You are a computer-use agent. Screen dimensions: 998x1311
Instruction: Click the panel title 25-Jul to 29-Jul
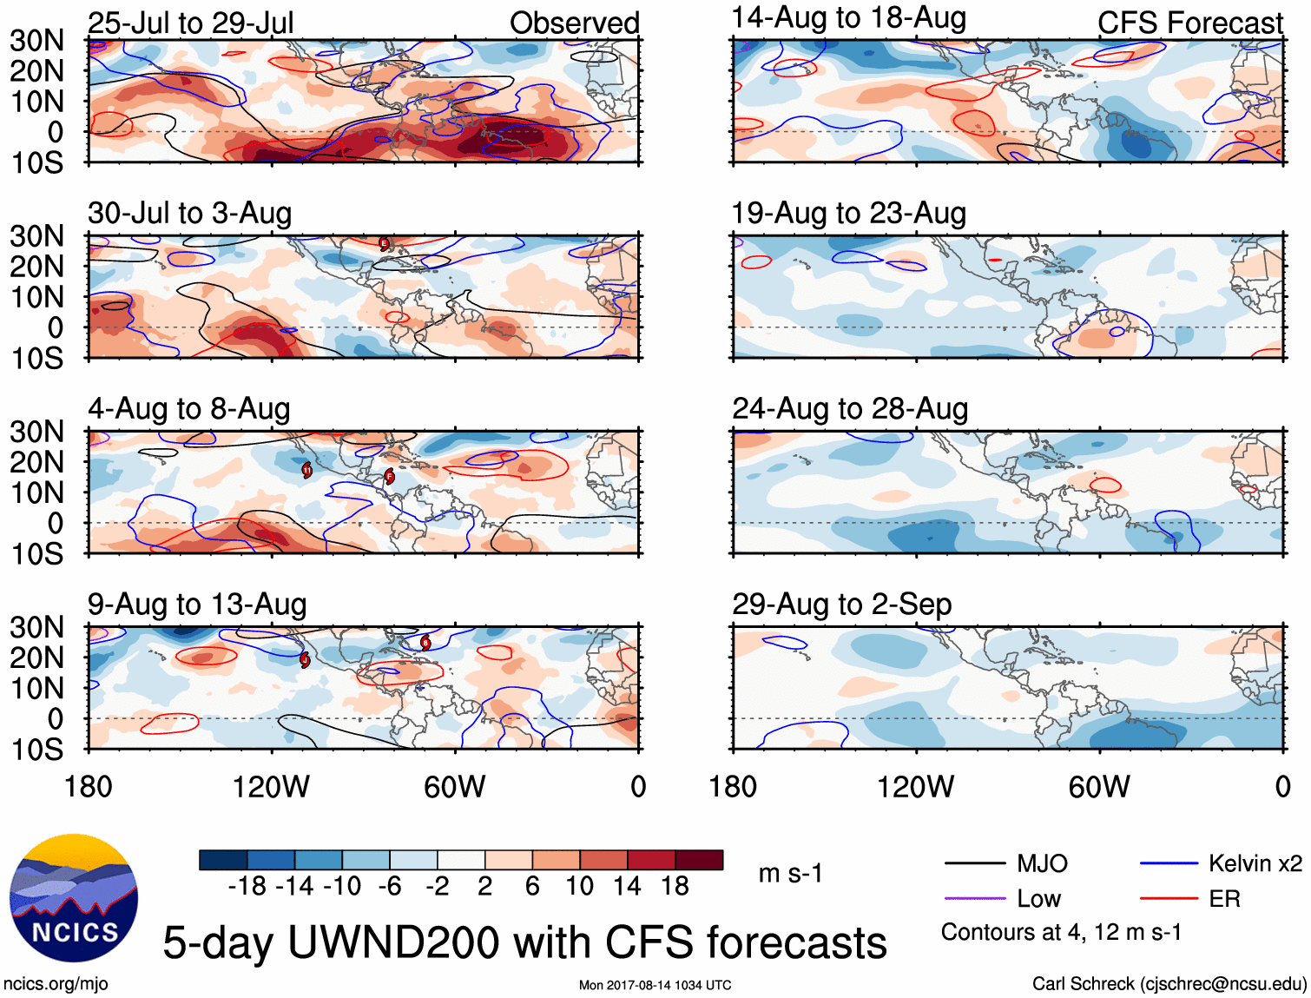tap(190, 23)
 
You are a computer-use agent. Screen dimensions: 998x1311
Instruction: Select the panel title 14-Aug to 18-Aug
tap(848, 18)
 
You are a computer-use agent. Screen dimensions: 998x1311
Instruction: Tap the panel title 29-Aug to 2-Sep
tap(841, 605)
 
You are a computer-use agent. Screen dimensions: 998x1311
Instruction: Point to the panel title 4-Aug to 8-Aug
tap(188, 409)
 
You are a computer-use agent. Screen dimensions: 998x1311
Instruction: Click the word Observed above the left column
tap(574, 23)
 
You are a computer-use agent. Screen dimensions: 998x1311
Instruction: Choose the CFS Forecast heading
tap(1189, 23)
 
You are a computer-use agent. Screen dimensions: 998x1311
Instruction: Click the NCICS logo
tap(73, 898)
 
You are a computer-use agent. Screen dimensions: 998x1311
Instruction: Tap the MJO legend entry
tap(1042, 863)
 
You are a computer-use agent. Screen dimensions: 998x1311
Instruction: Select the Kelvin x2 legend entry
tap(1255, 863)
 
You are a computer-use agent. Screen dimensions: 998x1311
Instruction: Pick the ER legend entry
tap(1224, 899)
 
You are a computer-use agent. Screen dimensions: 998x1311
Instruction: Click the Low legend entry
tap(1038, 899)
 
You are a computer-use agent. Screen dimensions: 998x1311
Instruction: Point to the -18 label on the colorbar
tap(247, 886)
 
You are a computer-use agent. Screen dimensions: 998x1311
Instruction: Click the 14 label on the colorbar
tap(627, 886)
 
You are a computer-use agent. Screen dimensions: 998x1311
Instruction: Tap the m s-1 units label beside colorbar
tap(790, 873)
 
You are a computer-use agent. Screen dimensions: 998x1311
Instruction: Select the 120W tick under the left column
tap(271, 787)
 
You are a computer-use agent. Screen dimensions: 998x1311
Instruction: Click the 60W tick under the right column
tap(1098, 787)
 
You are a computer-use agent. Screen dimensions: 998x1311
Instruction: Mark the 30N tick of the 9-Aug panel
tap(36, 627)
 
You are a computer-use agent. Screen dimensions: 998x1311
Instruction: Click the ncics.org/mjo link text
tap(56, 984)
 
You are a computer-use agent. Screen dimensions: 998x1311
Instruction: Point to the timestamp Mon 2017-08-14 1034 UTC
tap(655, 985)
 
